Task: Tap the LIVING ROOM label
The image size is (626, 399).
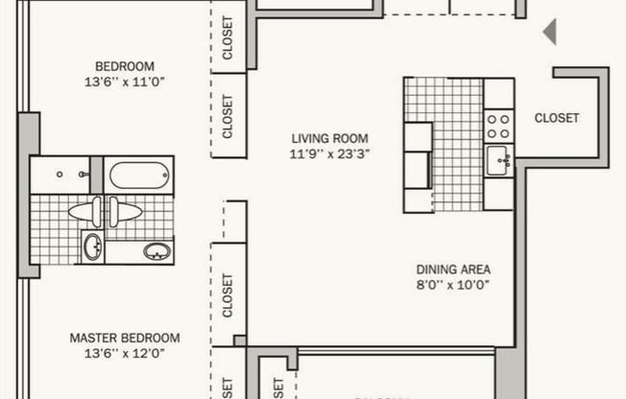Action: [329, 138]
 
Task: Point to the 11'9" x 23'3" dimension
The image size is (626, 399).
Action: [329, 153]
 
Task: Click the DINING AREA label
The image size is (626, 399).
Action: [453, 270]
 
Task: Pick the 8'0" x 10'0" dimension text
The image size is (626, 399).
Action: [453, 285]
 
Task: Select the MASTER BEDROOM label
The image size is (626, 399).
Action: [125, 338]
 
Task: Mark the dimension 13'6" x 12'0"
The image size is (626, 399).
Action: [125, 353]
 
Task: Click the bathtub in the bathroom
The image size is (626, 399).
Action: [138, 176]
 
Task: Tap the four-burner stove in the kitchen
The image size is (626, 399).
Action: [498, 124]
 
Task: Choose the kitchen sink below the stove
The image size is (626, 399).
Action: [498, 161]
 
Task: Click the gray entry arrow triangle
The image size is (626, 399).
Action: [550, 33]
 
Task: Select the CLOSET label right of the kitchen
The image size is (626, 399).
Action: [557, 118]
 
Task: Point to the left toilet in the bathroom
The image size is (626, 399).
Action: [83, 211]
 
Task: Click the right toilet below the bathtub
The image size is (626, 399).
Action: [125, 211]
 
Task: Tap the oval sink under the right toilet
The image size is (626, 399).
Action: [156, 252]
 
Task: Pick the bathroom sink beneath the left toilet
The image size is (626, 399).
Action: [92, 247]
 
